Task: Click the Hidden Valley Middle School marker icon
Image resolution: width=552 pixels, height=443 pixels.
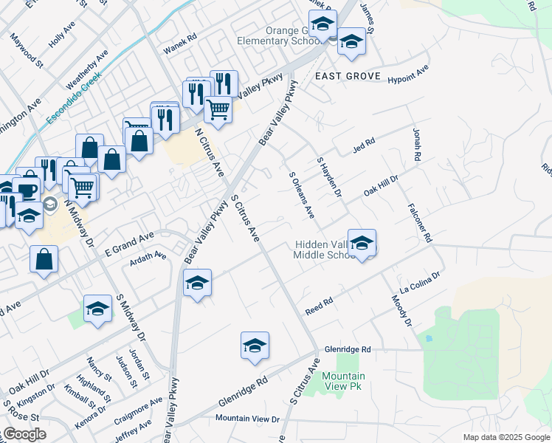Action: point(362,244)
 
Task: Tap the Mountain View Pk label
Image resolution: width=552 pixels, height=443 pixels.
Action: point(344,381)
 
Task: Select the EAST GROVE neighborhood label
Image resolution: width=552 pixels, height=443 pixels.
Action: point(348,76)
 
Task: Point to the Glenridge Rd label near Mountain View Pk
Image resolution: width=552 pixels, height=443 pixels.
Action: point(345,349)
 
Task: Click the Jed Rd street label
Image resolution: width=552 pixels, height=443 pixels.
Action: point(364,145)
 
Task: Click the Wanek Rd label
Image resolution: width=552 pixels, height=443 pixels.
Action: point(180,45)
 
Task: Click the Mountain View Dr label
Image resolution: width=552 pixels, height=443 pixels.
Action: point(248,419)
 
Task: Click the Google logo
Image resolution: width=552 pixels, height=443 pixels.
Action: point(24,434)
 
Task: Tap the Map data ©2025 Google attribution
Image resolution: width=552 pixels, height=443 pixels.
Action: point(506,437)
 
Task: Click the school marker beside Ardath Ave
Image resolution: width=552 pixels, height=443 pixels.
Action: point(197,284)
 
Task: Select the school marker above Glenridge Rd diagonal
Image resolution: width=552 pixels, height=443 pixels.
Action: point(255,346)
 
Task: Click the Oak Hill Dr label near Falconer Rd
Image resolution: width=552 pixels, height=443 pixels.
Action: point(381,187)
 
